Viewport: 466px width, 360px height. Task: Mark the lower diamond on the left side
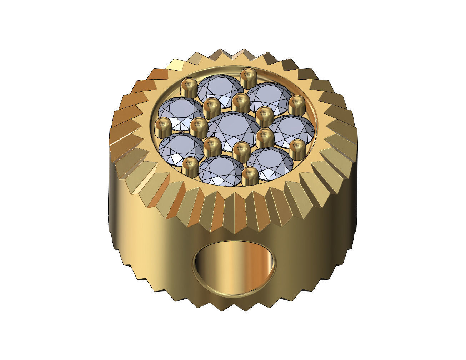(x=181, y=149)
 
